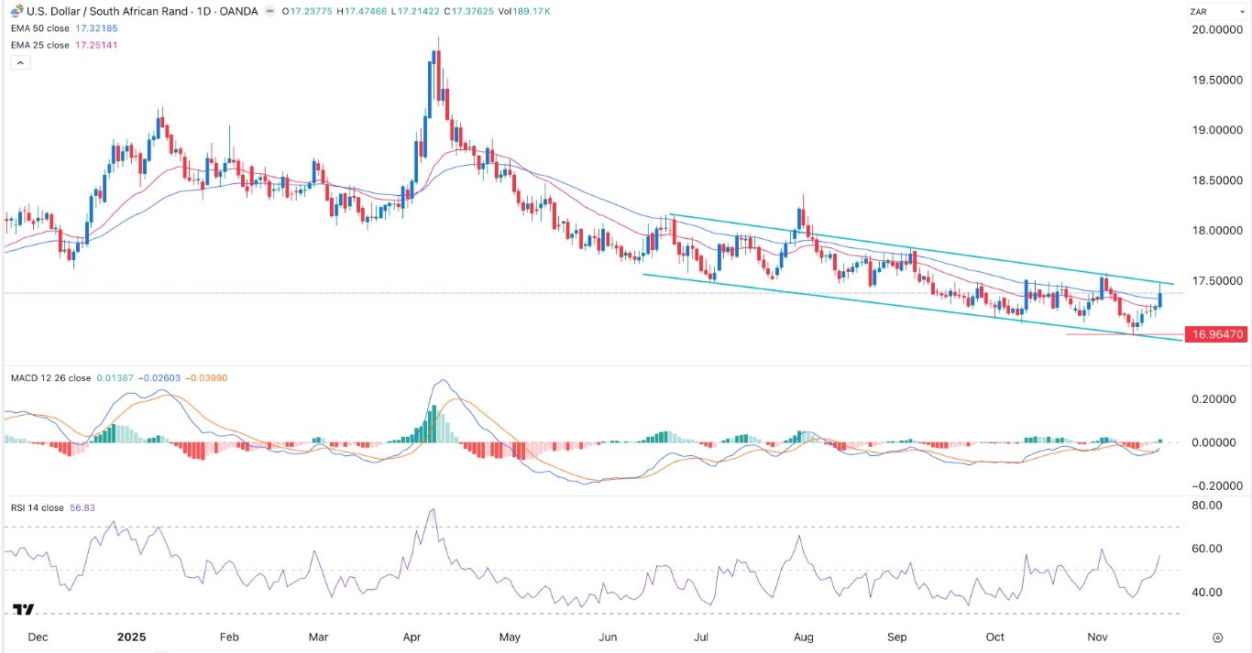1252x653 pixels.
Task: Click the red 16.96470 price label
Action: [1216, 335]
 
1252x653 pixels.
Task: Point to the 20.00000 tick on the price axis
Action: [1216, 30]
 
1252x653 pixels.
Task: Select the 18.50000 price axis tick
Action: [1216, 180]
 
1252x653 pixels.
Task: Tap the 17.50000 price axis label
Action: [1216, 280]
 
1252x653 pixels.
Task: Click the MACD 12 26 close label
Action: [50, 378]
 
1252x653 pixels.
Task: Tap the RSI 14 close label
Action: [38, 508]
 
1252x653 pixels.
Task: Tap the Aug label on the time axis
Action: [804, 637]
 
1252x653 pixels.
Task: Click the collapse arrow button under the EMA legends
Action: [20, 63]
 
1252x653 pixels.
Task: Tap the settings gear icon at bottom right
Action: [1217, 637]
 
